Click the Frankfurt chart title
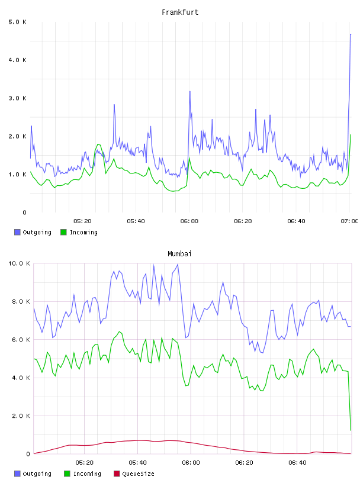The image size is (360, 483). [180, 12]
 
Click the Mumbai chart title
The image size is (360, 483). [179, 254]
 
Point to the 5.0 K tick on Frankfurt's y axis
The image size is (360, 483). [17, 22]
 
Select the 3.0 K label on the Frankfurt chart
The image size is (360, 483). [17, 98]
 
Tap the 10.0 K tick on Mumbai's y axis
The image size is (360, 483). [19, 263]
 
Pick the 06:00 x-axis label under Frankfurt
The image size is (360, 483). [189, 221]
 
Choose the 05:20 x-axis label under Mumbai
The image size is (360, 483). [84, 462]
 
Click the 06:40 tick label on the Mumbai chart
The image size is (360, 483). [297, 462]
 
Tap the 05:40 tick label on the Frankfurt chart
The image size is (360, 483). [136, 221]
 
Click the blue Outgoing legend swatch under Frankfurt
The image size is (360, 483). [17, 232]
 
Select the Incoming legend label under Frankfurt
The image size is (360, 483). [83, 232]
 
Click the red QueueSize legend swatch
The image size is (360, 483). [117, 474]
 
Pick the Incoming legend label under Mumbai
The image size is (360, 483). [87, 474]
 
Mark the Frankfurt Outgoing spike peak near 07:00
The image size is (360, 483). [351, 34]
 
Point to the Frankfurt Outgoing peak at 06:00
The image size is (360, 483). [190, 92]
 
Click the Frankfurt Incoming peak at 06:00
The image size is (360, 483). [189, 157]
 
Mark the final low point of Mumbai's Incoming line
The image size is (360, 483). [351, 430]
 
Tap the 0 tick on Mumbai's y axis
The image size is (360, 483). [28, 454]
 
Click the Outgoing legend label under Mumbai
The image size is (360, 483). [37, 474]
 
